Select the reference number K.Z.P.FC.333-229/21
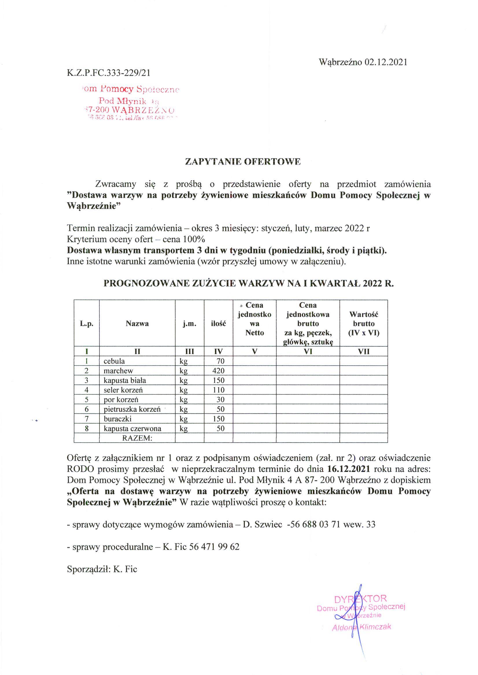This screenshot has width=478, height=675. pyautogui.click(x=109, y=73)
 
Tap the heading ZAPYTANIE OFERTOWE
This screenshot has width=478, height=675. pyautogui.click(x=243, y=162)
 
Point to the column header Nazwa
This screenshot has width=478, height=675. pyautogui.click(x=137, y=324)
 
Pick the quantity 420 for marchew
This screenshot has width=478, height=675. pyautogui.click(x=218, y=371)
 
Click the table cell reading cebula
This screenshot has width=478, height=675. pyautogui.click(x=114, y=361)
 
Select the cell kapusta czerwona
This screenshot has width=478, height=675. pyautogui.click(x=132, y=428)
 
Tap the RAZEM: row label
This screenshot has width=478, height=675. pyautogui.click(x=137, y=438)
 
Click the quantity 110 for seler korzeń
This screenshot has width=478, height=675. pyautogui.click(x=218, y=390)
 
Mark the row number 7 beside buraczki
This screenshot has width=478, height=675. pyautogui.click(x=86, y=419)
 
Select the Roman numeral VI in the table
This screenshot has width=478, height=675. pyautogui.click(x=308, y=351)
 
